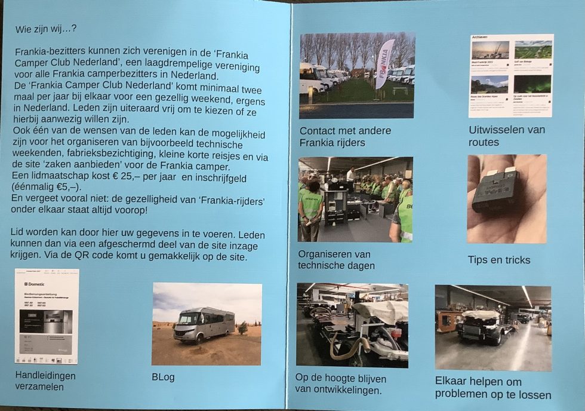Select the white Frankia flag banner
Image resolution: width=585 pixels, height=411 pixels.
point(384,63)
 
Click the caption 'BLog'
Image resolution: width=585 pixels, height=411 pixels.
point(164,378)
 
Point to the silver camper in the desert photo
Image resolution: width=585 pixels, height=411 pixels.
point(204,324)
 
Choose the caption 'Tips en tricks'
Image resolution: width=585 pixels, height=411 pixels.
point(499,260)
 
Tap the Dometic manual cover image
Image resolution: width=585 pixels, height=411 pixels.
point(47,316)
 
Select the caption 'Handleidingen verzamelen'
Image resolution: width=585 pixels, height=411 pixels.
point(45,381)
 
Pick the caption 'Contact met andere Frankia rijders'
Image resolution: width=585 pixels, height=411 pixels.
point(345,137)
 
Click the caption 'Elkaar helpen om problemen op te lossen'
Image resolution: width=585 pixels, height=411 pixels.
point(493,388)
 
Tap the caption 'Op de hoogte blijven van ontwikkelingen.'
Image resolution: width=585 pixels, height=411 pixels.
point(341,385)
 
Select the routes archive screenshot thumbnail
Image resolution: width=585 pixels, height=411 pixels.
point(511,75)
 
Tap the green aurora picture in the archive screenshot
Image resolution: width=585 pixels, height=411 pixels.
point(532,84)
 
